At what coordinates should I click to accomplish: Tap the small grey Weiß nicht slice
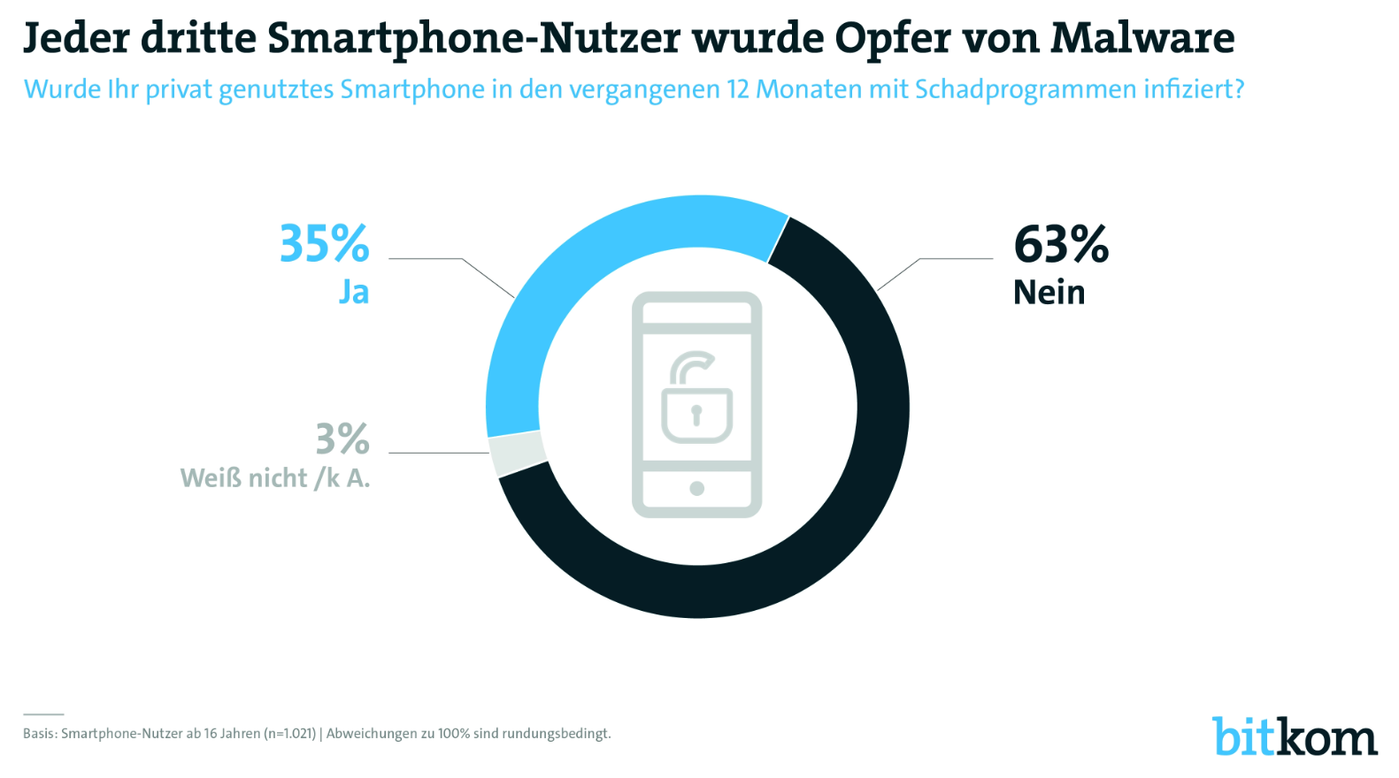pyautogui.click(x=517, y=454)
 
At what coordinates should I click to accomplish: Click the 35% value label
pyautogui.click(x=324, y=244)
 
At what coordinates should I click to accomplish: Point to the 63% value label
pyautogui.click(x=1060, y=244)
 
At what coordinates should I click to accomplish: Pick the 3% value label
pyautogui.click(x=342, y=439)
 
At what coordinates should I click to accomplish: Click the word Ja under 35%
pyautogui.click(x=354, y=293)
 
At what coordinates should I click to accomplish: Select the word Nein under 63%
pyautogui.click(x=1049, y=293)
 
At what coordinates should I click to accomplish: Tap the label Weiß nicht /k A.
pyautogui.click(x=275, y=478)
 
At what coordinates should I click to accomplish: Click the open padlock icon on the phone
pyautogui.click(x=696, y=400)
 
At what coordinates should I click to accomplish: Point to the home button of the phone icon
pyautogui.click(x=696, y=488)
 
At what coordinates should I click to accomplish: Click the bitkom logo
pyautogui.click(x=1294, y=736)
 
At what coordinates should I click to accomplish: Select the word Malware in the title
pyautogui.click(x=1142, y=38)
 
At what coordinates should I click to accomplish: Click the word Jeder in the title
pyautogui.click(x=76, y=38)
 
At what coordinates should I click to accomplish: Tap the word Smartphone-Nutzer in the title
pyautogui.click(x=473, y=38)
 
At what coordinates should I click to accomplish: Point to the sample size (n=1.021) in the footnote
pyautogui.click(x=289, y=734)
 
